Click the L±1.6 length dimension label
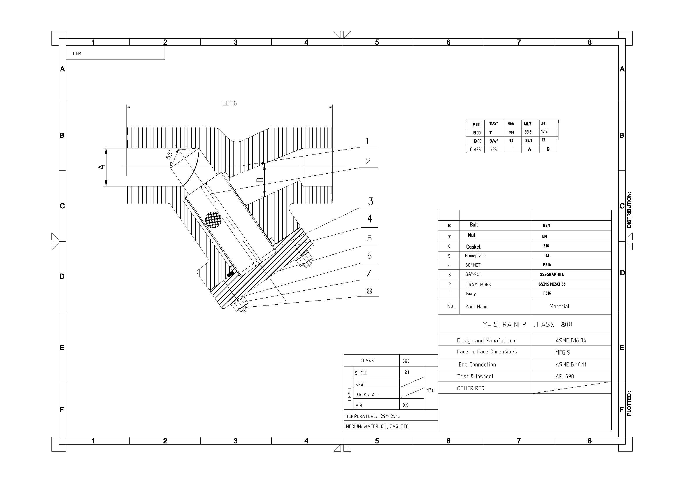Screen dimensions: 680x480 pos(229,103)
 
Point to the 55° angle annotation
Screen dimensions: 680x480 pos(169,155)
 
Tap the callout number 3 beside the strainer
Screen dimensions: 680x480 pos(371,202)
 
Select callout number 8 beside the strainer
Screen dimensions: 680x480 pos(369,291)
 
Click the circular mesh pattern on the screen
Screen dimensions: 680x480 pos(213,220)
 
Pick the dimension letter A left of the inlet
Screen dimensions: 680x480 pos(102,167)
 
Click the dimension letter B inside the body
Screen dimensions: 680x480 pos(260,180)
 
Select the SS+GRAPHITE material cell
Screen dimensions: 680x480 pos(552,274)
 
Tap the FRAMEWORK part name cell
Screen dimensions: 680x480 pos(479,285)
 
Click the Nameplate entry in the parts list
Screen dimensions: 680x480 pos(475,256)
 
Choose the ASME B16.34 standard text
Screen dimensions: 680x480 pos(571,340)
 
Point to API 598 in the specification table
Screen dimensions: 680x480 pos(565,376)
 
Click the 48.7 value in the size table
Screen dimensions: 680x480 pos(528,124)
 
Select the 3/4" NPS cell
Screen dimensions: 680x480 pos(494,141)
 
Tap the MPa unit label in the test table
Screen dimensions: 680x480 pos(430,390)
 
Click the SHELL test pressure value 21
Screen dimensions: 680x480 pos(407,372)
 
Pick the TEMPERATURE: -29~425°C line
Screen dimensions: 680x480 pos(373,416)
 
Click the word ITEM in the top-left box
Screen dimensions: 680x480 pos(77,53)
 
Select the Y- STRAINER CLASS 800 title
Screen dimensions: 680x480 pos(527,324)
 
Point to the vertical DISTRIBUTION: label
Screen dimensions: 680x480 pos(629,210)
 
